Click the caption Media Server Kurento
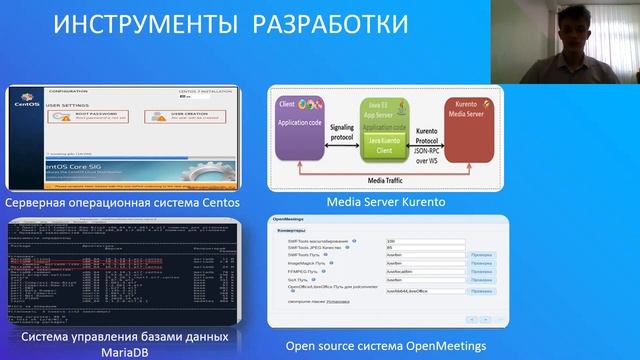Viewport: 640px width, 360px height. coord(385,203)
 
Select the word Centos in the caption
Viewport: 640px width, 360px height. coord(217,204)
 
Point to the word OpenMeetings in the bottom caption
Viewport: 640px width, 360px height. coord(438,346)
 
